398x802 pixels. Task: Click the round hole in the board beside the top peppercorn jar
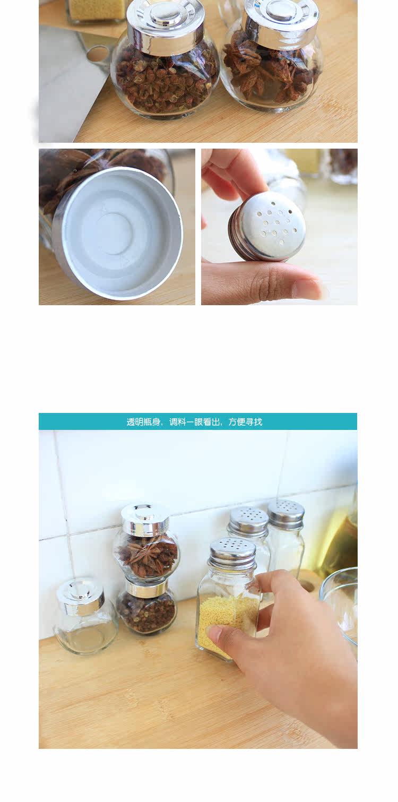97,54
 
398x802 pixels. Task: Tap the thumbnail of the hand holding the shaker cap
306,288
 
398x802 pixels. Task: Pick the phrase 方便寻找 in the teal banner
246,422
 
